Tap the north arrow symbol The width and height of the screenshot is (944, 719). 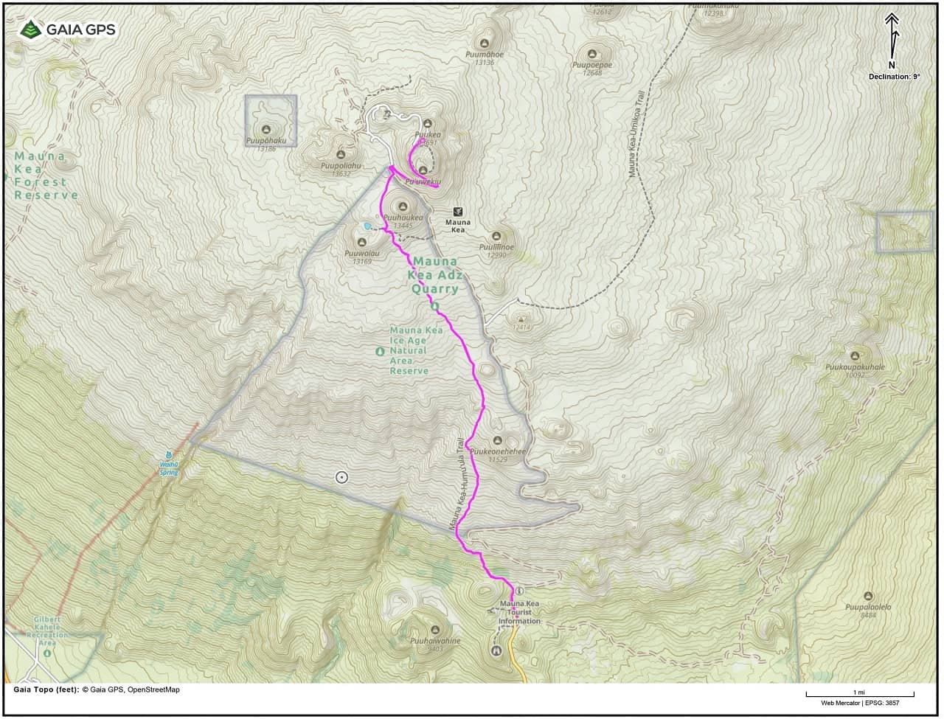tap(892, 35)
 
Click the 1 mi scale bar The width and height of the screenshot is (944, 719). tap(859, 694)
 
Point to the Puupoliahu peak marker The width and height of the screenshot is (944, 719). tap(340, 155)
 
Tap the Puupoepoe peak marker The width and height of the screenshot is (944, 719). tap(592, 54)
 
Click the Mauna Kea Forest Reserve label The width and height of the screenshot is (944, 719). tap(46, 176)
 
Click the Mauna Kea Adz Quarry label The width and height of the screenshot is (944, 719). tap(435, 275)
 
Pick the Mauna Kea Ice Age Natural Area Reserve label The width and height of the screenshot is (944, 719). tap(416, 350)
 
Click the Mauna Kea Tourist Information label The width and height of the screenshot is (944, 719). tap(519, 612)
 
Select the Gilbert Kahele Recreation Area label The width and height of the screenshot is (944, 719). tap(46, 627)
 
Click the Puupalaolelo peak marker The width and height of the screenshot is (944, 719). tap(868, 596)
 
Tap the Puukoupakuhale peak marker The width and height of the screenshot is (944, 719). tap(855, 355)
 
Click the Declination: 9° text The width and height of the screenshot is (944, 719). tap(894, 77)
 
